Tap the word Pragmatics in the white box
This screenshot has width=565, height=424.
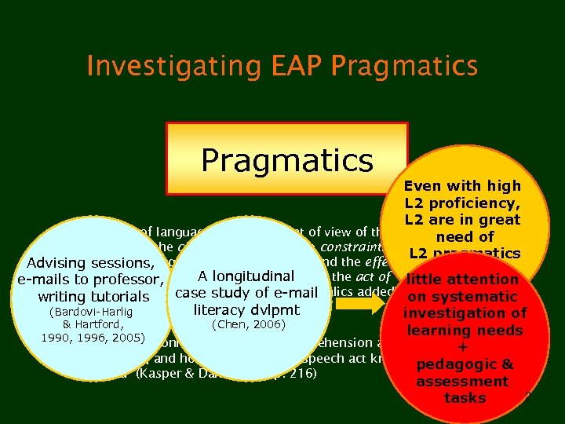click(x=286, y=159)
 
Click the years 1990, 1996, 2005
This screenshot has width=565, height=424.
click(x=93, y=338)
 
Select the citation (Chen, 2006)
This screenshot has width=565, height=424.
click(x=246, y=324)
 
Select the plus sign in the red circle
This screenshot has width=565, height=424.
click(x=463, y=348)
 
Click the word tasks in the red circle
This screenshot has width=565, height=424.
click(x=465, y=398)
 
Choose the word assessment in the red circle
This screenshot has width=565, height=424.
click(x=462, y=382)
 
